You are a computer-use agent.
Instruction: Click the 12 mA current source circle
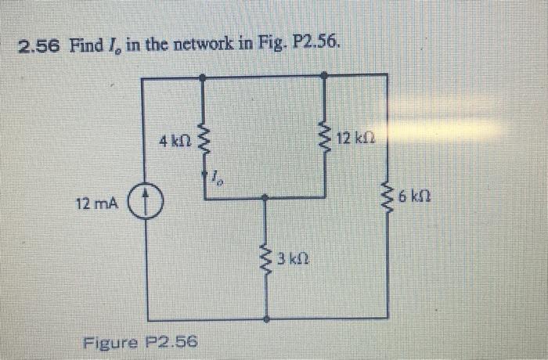(142, 203)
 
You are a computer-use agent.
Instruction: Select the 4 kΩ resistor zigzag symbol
(204, 142)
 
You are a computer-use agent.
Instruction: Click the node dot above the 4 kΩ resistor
(204, 76)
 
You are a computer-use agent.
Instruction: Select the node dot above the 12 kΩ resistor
(326, 76)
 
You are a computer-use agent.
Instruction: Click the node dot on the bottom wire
(268, 319)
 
